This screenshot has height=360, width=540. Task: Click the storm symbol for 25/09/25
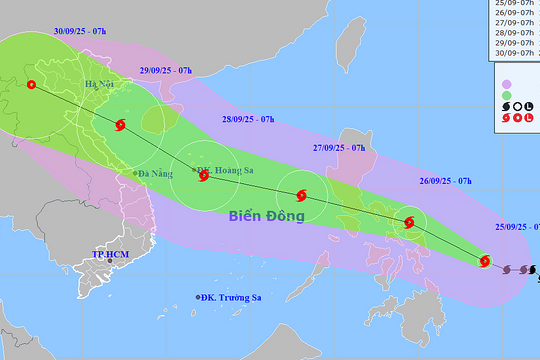pos(485,262)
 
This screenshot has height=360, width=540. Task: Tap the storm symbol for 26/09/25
pos(409,222)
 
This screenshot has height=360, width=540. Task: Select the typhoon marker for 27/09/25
pos(302,195)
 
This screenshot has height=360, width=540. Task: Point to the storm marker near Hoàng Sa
pos(204,176)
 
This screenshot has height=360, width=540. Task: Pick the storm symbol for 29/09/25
pos(121,126)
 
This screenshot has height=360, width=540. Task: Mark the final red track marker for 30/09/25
pos(31,85)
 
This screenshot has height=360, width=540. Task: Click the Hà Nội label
pos(100,85)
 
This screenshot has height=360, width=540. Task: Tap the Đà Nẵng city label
pos(156,174)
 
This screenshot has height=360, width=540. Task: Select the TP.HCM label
pos(112,255)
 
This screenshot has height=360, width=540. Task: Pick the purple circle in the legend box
pos(506,83)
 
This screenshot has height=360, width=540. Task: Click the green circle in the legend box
pos(506,95)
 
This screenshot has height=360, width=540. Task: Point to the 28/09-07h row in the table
pos(516,32)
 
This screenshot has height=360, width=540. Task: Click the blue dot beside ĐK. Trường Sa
pos(197,298)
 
